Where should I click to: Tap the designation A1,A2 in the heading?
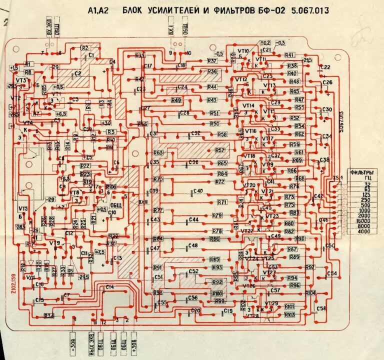point(98,9)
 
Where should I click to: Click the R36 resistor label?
point(212,72)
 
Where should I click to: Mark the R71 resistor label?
point(222,202)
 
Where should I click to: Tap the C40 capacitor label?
point(198,191)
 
